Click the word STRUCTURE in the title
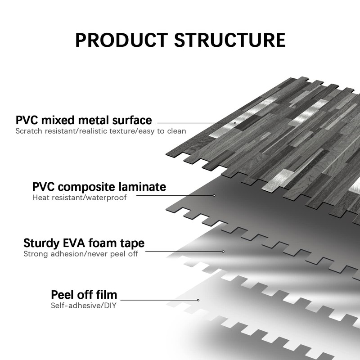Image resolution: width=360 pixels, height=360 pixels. [x=230, y=40]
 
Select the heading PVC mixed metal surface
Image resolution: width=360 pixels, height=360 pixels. [x=84, y=120]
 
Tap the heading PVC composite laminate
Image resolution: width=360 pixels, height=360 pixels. [x=99, y=187]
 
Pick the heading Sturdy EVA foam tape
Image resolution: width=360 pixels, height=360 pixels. [x=84, y=243]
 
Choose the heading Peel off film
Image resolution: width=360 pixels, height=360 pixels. [x=84, y=295]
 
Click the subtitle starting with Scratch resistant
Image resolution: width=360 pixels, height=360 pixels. [x=101, y=131]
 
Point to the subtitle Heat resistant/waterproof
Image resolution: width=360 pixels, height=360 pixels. [x=79, y=198]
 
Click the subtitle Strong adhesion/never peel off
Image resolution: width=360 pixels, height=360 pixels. [x=81, y=254]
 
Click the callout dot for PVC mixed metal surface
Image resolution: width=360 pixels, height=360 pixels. [x=235, y=122]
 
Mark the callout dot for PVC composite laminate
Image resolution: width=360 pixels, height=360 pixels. [x=214, y=195]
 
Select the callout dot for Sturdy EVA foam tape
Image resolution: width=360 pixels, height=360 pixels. [x=223, y=251]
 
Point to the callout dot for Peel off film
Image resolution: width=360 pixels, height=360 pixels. [x=198, y=300]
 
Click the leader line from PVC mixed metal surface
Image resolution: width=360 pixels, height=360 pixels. [x=196, y=122]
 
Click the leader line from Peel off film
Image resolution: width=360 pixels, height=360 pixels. [x=159, y=300]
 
